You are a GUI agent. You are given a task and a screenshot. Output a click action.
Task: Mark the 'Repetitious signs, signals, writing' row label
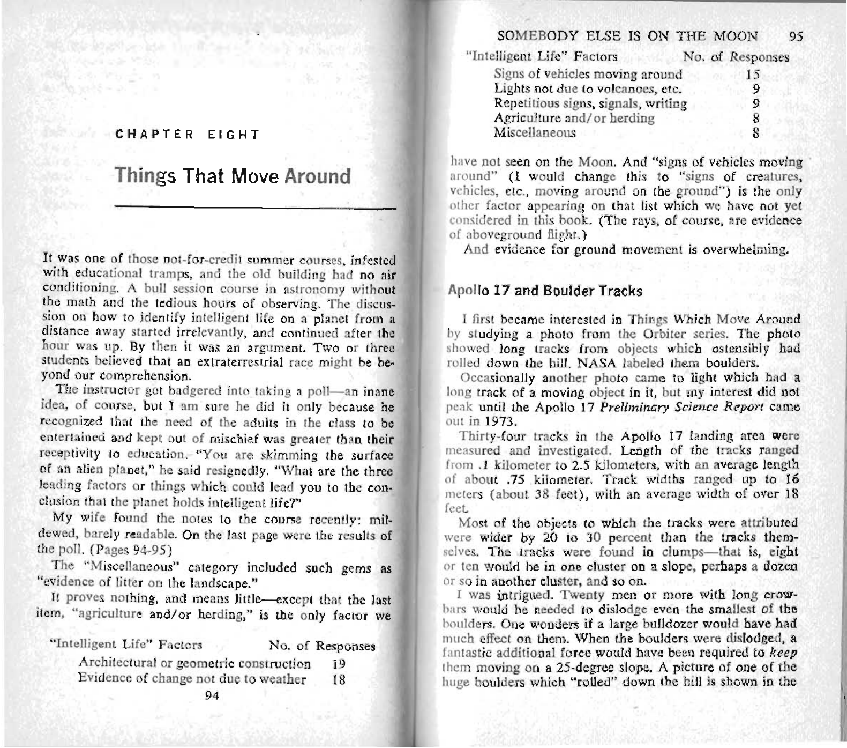(590, 103)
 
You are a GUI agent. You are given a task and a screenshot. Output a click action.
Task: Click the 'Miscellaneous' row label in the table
(535, 132)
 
